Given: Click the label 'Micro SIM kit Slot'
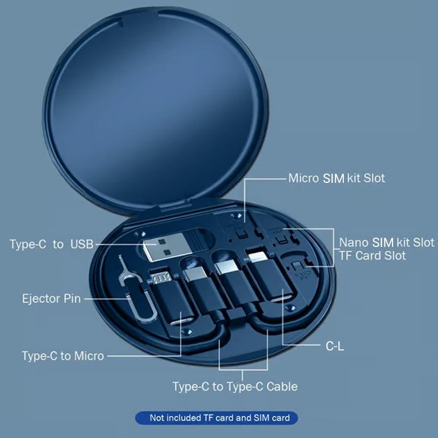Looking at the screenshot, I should [x=337, y=178].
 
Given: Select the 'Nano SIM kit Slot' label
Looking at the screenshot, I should [x=387, y=242].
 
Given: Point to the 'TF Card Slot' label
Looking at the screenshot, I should [x=372, y=255].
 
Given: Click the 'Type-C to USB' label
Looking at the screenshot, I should [x=51, y=244].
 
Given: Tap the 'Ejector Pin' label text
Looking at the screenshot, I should [x=51, y=299].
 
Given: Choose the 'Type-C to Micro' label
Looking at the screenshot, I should [x=62, y=356].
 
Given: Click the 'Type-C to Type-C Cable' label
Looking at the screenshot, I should [x=235, y=387].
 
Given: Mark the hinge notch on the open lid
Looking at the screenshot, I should [x=129, y=21].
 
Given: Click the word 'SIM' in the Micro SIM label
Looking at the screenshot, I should [x=334, y=178].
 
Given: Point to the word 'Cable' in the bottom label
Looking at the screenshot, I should [x=282, y=387].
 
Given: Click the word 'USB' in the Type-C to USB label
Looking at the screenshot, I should [x=82, y=244].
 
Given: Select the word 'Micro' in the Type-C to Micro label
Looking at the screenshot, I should [x=89, y=356].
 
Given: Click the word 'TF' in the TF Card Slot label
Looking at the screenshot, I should [x=347, y=255].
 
